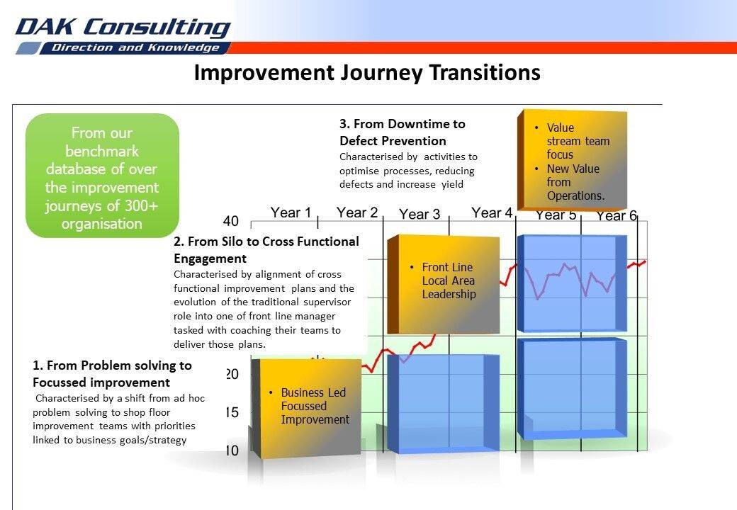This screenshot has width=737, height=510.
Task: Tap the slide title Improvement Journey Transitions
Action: (x=367, y=73)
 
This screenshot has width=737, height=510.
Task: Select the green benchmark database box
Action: (x=102, y=175)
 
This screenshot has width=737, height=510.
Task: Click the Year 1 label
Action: (x=291, y=212)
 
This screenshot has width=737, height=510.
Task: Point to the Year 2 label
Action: (x=357, y=212)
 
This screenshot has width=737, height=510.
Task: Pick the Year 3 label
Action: (x=420, y=214)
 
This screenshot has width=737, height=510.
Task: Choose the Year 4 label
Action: (x=492, y=212)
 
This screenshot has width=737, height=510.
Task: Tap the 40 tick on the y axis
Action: (x=230, y=221)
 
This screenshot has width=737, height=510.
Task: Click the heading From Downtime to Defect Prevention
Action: (x=403, y=132)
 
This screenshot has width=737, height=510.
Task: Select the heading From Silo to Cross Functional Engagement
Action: (x=266, y=250)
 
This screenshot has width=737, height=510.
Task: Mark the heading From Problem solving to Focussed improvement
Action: (x=113, y=374)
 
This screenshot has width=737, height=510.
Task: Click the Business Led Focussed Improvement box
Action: (x=306, y=407)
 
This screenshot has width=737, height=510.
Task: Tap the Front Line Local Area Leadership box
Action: (x=443, y=283)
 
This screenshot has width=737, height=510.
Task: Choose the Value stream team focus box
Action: (x=572, y=160)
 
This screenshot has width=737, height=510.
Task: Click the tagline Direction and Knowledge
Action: (x=135, y=47)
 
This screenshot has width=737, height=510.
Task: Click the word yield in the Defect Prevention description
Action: (x=452, y=185)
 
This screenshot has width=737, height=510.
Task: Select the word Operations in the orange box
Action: (x=575, y=195)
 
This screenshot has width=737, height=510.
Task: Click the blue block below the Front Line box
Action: (x=443, y=404)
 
